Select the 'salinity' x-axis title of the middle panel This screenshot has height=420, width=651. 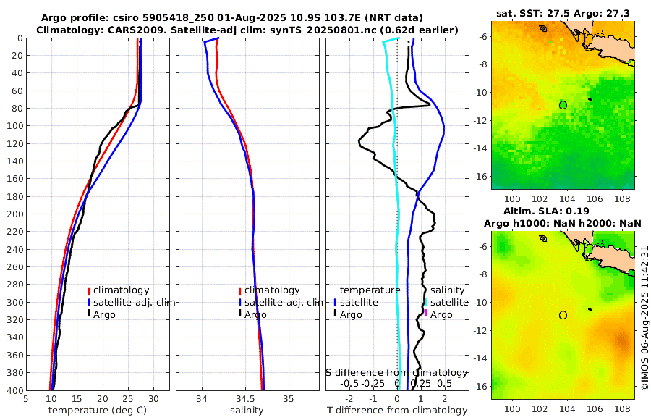(246, 411)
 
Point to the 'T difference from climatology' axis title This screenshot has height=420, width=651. (396, 411)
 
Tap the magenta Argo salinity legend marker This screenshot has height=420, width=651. (426, 314)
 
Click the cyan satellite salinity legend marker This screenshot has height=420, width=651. (426, 302)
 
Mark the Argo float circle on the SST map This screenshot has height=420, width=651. (563, 105)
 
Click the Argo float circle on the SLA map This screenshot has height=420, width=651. (563, 315)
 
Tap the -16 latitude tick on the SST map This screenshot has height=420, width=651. (482, 176)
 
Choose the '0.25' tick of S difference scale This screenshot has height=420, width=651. (420, 383)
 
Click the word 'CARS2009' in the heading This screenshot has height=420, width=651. (116, 29)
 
